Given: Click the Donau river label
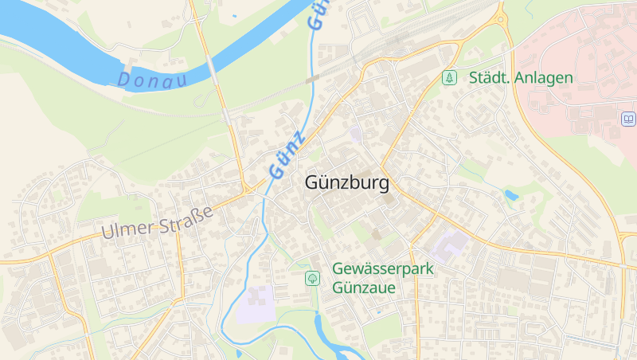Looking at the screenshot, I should [151, 80].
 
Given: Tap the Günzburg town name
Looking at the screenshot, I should [347, 183].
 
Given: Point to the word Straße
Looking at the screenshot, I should [188, 215].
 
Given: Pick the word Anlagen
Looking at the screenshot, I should [544, 77].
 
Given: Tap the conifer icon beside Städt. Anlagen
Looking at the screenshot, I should [450, 77].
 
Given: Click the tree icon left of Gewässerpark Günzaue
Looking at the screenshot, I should [313, 278].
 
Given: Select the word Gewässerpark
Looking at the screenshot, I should [383, 269].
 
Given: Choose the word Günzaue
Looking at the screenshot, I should [365, 287].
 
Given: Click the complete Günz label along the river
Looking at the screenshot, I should [287, 154].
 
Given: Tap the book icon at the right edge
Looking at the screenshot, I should [628, 119].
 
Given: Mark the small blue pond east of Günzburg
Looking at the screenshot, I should [511, 194].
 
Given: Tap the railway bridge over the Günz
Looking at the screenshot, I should [311, 79].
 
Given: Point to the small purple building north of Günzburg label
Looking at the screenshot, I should [355, 133].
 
